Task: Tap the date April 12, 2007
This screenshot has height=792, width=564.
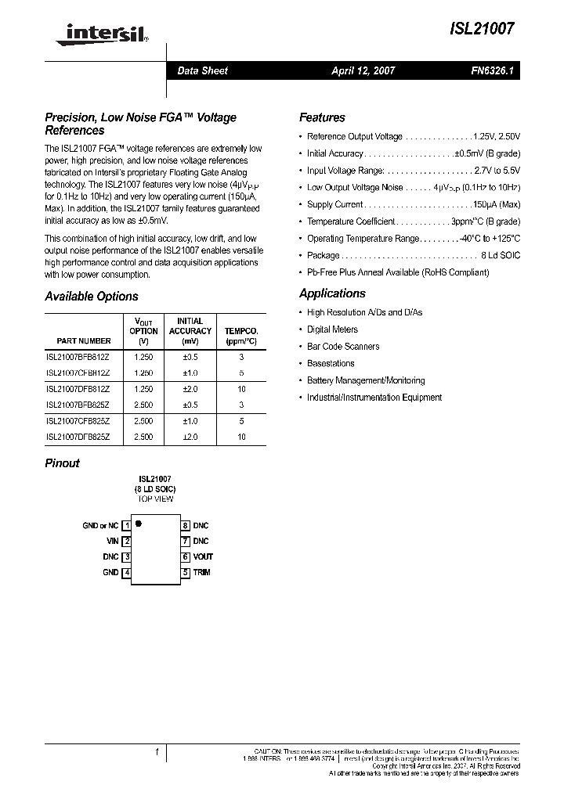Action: [363, 70]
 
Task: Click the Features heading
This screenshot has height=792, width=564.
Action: [322, 117]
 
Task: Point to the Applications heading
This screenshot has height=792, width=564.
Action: [332, 293]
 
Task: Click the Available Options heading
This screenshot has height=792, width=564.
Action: [92, 297]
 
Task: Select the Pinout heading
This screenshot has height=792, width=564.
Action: [63, 463]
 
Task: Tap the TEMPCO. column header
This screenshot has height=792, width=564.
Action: [241, 336]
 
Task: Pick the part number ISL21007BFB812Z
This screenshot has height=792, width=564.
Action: [79, 356]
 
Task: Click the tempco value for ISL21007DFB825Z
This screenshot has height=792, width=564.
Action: [241, 437]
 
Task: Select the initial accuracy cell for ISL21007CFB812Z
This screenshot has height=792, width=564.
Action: [190, 373]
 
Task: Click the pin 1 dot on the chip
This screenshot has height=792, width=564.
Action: [139, 522]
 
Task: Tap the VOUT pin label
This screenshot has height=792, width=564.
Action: [203, 557]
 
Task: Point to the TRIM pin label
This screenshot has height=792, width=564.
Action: [202, 573]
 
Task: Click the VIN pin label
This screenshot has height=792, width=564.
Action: [112, 541]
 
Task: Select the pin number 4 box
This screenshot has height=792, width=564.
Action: [127, 573]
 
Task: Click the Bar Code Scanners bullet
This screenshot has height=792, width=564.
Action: [343, 347]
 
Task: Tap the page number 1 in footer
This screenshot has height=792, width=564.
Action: [157, 751]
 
